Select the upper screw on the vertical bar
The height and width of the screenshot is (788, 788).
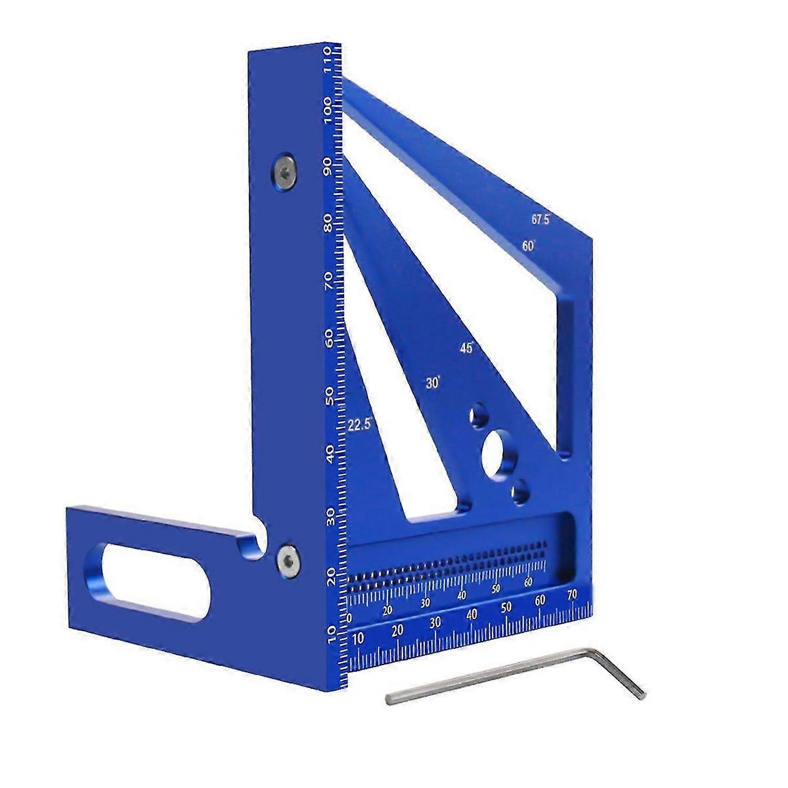tap(284, 171)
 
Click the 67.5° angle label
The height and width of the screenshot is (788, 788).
tap(540, 220)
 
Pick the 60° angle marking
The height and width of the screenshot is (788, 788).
tap(528, 246)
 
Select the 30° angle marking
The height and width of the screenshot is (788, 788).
tap(432, 383)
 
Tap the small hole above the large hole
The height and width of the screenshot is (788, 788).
tap(480, 415)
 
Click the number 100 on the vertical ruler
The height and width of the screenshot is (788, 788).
tap(332, 110)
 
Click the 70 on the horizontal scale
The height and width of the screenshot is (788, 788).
tap(572, 595)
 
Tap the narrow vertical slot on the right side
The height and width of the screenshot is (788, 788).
tap(566, 376)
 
